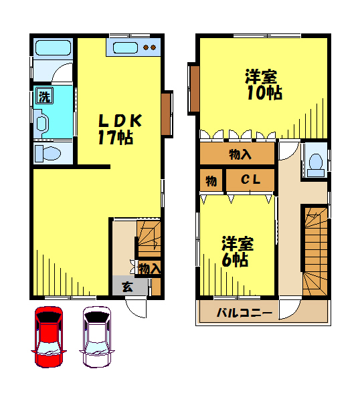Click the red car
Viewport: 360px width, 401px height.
point(49,337)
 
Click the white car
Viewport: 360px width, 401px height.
point(97,337)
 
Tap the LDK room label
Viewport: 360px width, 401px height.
point(120,121)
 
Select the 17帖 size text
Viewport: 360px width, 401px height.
point(116,137)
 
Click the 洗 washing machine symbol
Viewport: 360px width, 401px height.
point(45,96)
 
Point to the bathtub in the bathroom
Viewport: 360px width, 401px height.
point(53,47)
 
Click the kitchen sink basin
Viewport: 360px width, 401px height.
point(125,47)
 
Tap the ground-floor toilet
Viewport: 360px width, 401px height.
point(48,154)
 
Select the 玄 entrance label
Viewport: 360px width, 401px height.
point(127,287)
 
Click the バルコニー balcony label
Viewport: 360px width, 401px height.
point(244,313)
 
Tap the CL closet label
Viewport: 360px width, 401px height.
point(251,180)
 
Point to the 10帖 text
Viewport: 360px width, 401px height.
point(264,93)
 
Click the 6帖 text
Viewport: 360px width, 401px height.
point(235,260)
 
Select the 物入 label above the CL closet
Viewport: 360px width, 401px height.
point(240,154)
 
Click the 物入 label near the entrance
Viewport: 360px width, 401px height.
point(149,269)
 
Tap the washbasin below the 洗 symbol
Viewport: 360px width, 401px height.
point(41,123)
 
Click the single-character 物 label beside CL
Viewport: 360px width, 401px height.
point(211,181)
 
